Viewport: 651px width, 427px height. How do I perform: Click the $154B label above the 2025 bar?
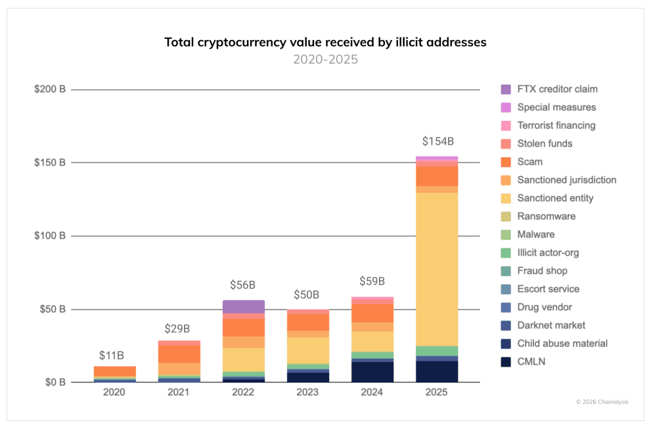pos(437,141)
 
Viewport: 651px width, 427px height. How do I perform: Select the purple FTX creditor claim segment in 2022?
pos(243,307)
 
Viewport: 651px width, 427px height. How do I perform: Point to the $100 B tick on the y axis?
pos(50,236)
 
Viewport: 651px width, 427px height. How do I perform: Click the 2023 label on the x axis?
pos(307,393)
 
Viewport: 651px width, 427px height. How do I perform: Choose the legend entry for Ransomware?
pos(546,216)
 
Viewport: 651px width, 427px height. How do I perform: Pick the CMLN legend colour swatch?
pos(506,361)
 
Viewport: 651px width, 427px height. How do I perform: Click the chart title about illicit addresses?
pos(325,43)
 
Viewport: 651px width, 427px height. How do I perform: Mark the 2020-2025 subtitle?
pos(325,60)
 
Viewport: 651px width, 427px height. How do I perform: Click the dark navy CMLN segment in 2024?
pos(372,372)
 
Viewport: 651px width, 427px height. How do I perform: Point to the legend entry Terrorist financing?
pos(556,125)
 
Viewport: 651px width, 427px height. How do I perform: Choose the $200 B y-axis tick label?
pos(50,89)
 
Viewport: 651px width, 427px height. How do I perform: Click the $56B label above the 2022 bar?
pos(243,285)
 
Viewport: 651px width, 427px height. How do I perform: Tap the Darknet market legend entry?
pos(550,325)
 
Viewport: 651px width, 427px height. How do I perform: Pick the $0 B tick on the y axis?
pos(54,382)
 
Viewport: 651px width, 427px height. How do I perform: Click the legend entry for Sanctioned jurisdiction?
pos(566,180)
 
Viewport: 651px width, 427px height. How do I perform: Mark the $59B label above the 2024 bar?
pos(372,282)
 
